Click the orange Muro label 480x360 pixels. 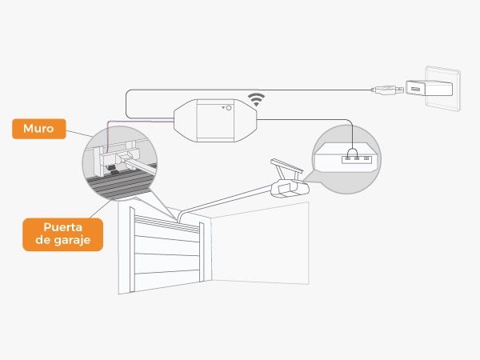point(39,129)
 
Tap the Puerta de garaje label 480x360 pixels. point(62,234)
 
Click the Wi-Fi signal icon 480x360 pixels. point(256,100)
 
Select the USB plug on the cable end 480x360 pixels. point(387,90)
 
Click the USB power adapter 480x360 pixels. point(429,88)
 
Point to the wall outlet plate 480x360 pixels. point(442,88)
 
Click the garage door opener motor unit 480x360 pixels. point(290,188)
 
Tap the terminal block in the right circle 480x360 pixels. point(357,159)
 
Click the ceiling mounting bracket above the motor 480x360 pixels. point(287,170)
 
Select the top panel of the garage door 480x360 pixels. point(167,227)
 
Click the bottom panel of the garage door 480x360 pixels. point(167,280)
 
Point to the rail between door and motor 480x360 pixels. point(225,202)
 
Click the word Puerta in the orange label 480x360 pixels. point(62,227)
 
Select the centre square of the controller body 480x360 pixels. point(215,120)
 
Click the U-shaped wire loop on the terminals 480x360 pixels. point(352,152)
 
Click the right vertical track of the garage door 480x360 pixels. point(202,252)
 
